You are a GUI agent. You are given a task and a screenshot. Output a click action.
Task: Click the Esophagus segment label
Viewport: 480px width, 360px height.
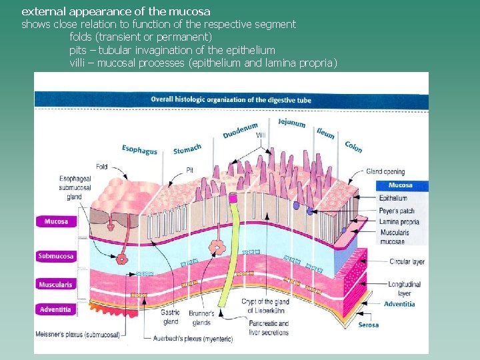point(140,149)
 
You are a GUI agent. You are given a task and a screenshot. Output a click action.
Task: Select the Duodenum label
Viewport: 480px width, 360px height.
point(240,131)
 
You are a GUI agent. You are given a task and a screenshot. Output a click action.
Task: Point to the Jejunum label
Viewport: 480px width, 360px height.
point(291,123)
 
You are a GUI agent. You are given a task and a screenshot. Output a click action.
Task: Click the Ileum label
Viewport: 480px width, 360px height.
point(326,133)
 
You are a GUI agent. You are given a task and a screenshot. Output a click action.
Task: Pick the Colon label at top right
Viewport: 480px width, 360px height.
point(353,145)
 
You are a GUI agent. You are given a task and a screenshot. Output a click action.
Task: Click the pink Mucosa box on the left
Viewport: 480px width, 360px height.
point(56,221)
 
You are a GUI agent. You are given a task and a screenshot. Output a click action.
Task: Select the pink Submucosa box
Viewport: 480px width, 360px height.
point(56,256)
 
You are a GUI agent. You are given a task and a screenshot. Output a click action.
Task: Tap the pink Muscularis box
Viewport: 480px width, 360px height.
point(56,285)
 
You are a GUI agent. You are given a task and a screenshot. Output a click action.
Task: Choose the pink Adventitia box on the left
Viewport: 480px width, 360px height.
point(56,309)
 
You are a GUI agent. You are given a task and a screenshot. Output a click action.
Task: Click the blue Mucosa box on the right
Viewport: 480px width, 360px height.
point(400,185)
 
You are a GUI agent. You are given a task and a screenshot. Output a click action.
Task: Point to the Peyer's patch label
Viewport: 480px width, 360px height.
point(397,211)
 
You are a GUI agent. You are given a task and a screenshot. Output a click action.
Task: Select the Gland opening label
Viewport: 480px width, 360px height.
point(385,171)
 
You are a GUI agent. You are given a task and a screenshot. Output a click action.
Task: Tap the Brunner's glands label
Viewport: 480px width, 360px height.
point(201,317)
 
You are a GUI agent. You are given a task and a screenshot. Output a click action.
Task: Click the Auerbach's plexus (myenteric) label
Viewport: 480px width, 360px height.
point(193,339)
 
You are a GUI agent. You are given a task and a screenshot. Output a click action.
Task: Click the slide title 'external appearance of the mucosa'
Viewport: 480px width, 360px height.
point(116,11)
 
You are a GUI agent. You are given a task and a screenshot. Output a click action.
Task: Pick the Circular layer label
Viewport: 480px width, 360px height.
point(407,262)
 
